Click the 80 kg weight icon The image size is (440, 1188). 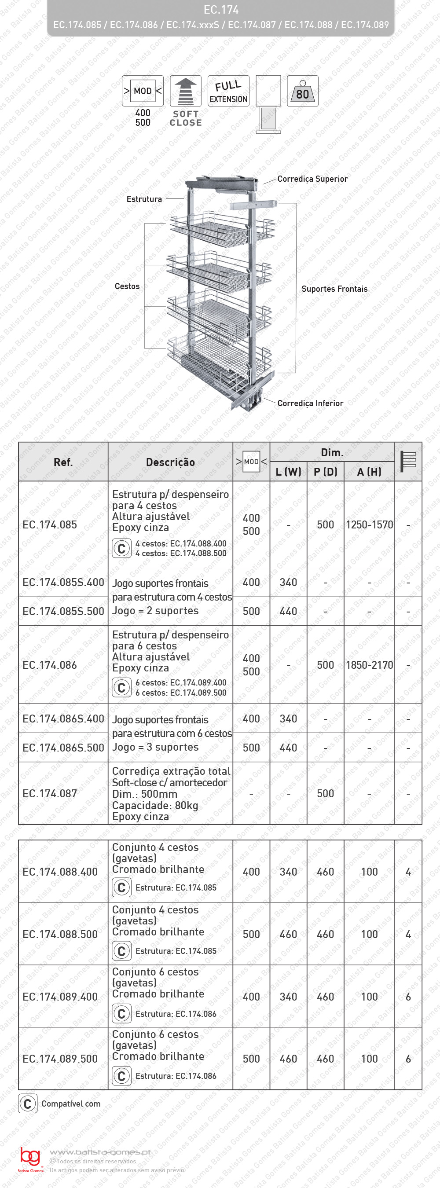[303, 91]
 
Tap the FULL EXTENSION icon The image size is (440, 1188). [228, 91]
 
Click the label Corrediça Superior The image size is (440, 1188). [312, 179]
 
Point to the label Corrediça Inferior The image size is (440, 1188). [310, 403]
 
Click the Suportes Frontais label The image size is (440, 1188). [334, 289]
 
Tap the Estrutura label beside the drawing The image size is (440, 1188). [144, 199]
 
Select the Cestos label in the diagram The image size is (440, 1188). [127, 286]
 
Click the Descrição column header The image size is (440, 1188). [170, 462]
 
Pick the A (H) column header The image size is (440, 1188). [369, 471]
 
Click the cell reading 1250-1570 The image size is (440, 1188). [369, 524]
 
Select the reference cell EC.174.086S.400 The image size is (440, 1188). [63, 719]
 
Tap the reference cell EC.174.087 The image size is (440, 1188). [50, 793]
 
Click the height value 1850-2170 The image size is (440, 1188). [369, 665]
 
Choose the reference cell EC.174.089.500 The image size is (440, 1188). [60, 1059]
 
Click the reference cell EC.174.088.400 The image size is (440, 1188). [60, 872]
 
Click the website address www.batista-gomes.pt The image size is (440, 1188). [100, 1152]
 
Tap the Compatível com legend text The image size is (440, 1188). [70, 1104]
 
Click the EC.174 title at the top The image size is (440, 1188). [221, 10]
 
